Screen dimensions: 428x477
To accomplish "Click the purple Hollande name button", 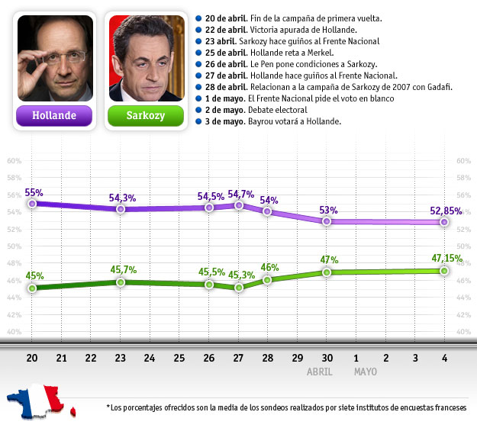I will point(54,116).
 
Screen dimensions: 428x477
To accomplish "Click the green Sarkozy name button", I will point(146,116).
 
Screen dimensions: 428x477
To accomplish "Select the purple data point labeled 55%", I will point(32,204).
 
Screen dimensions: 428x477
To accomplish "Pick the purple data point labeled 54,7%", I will point(239,205).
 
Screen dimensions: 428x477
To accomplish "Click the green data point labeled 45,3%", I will point(239,288).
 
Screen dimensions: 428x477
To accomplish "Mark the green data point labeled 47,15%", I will point(444,271).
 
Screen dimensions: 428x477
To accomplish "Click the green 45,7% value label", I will point(122,270).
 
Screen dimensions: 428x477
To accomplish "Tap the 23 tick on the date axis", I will point(121,357).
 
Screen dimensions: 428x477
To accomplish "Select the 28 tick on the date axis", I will point(268,357).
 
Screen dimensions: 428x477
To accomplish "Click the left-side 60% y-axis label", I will point(13,161).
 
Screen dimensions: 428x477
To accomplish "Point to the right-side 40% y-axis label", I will point(462,332).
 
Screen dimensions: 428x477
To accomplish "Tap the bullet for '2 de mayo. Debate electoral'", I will point(198,110).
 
